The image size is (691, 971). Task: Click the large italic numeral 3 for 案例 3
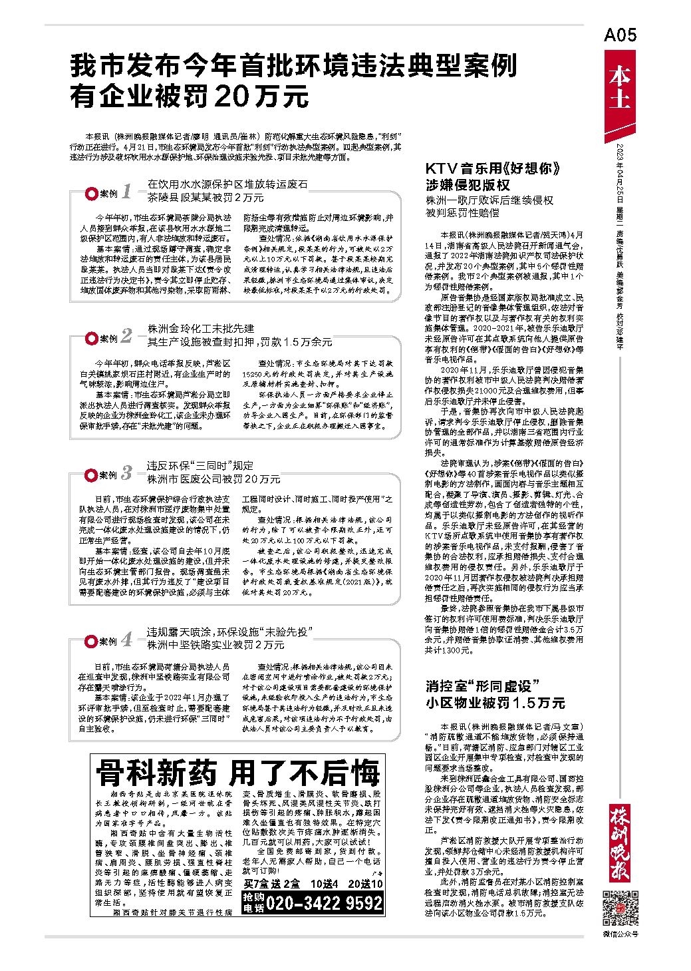click(x=126, y=473)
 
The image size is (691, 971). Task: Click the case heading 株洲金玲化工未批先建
click(x=201, y=329)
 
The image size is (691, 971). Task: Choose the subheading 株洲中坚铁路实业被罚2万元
click(x=215, y=645)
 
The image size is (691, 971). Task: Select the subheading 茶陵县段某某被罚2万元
click(x=197, y=198)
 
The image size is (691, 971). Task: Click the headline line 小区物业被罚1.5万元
click(x=495, y=703)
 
